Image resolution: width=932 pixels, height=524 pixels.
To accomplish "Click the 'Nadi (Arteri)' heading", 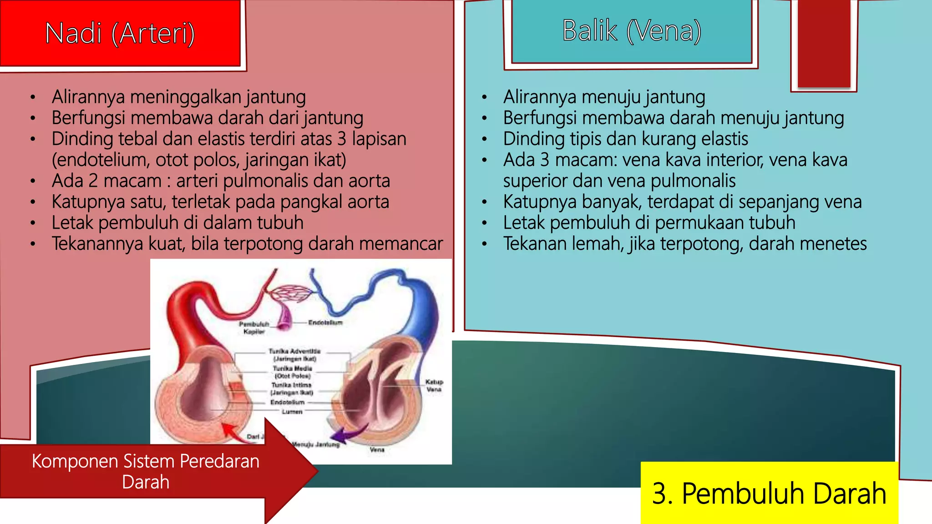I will [120, 34].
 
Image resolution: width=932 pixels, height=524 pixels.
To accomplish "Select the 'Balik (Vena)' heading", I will [632, 31].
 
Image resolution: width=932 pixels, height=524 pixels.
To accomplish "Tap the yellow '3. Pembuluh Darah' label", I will [769, 493].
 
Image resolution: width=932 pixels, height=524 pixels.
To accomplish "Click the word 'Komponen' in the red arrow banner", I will [75, 461].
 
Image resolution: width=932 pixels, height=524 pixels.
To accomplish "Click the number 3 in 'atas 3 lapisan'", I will [342, 139].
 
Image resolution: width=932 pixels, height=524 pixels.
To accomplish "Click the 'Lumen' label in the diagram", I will [292, 412].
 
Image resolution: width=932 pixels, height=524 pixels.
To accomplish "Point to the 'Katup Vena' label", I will [434, 386].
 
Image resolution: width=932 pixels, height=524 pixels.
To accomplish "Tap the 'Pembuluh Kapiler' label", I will [254, 328].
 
